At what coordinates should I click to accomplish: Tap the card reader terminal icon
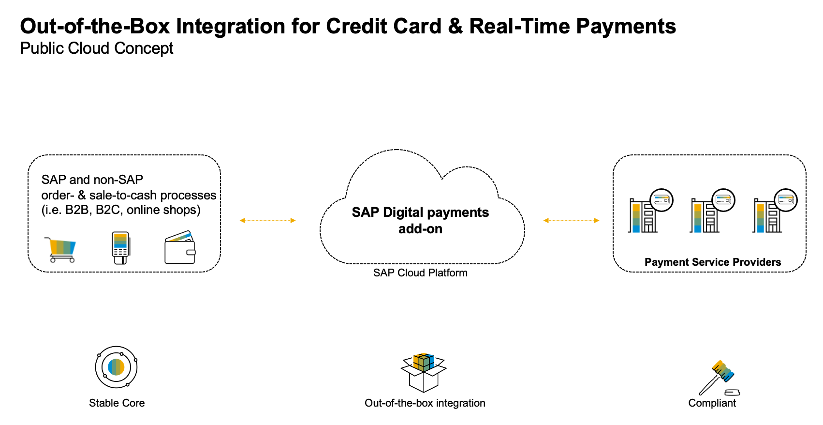point(121,248)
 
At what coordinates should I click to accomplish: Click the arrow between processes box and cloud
point(267,221)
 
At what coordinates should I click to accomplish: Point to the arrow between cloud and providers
point(572,221)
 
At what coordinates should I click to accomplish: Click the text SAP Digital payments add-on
point(420,220)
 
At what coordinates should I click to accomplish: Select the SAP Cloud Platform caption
point(420,273)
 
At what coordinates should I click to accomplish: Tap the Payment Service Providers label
point(713,262)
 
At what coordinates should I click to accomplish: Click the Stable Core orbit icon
point(116,367)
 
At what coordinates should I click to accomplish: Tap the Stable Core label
point(117,403)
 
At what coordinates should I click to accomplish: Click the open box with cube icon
point(424,372)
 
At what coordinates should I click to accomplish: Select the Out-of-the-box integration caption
point(425,403)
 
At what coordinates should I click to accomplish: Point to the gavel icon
point(719,378)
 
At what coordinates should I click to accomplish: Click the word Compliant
point(712,403)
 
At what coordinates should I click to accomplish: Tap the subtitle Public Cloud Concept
point(96,48)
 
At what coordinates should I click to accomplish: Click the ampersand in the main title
point(455,27)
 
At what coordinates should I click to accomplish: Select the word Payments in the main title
point(626,27)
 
